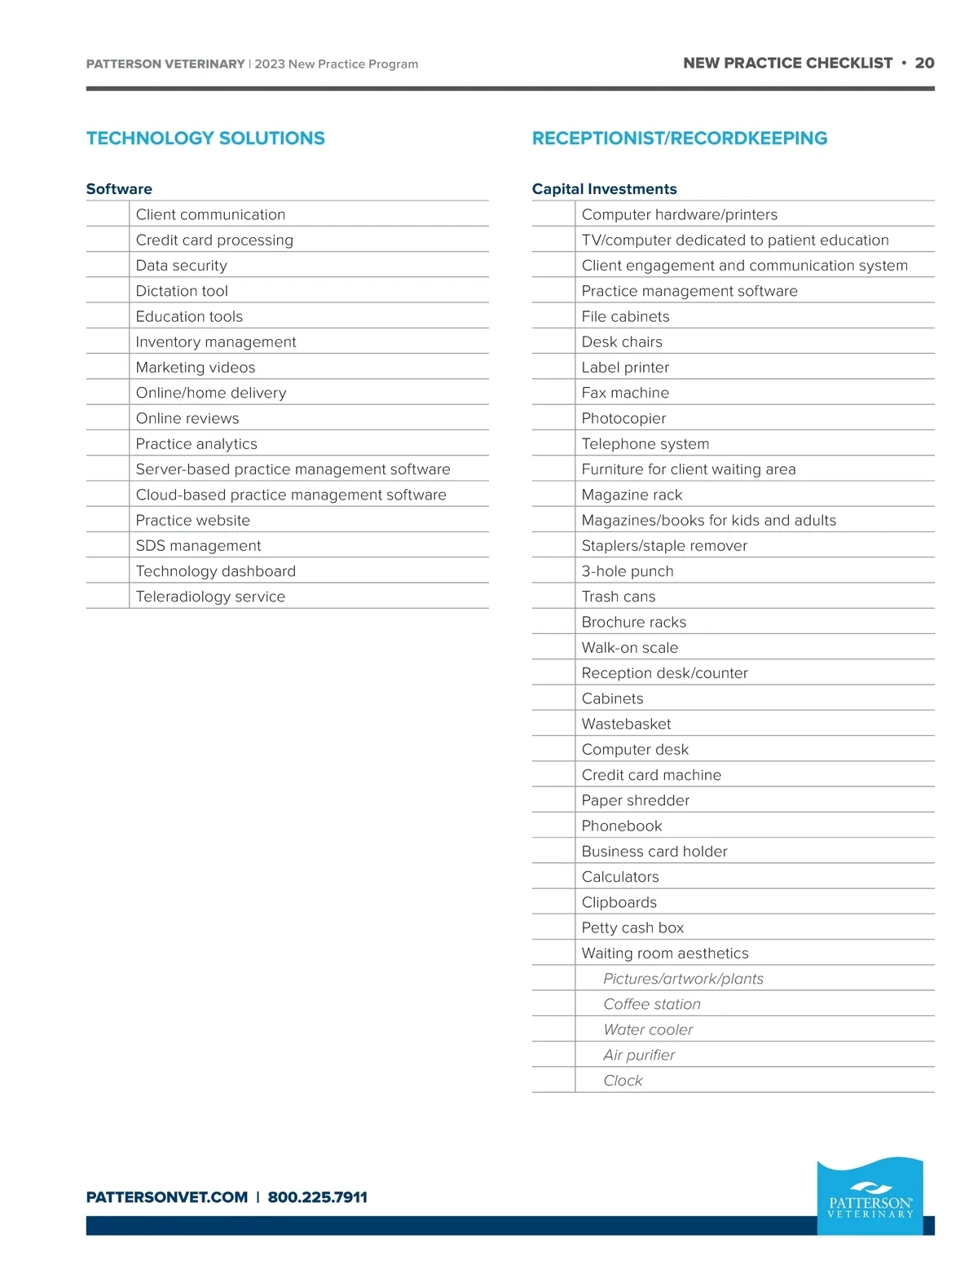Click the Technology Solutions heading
point(205,139)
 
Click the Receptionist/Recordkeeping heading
point(679,139)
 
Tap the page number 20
point(924,64)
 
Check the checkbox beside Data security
point(108,266)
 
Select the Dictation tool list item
point(182,291)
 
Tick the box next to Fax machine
point(553,393)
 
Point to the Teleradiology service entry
point(210,597)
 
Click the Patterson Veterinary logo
point(870,1196)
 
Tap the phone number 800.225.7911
point(317,1197)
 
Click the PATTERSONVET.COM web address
point(167,1197)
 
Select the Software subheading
point(119,189)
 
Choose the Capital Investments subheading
point(604,189)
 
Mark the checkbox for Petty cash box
point(553,927)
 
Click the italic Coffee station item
point(651,1004)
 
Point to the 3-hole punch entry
point(628,571)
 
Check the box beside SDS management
point(108,546)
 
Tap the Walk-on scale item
point(629,648)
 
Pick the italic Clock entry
point(623,1081)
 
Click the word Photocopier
point(623,419)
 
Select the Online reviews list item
point(187,419)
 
